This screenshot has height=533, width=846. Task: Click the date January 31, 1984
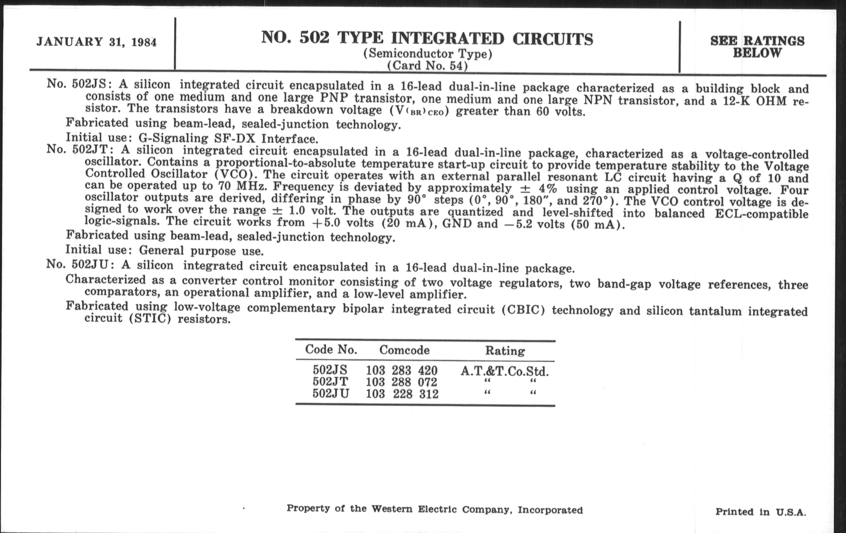pyautogui.click(x=97, y=42)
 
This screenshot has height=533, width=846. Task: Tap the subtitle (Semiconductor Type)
pyautogui.click(x=427, y=54)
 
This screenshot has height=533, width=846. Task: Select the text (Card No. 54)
pyautogui.click(x=427, y=66)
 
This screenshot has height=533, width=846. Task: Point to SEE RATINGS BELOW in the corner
pyautogui.click(x=757, y=47)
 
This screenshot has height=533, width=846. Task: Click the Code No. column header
pyautogui.click(x=331, y=349)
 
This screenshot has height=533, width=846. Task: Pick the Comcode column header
pyautogui.click(x=404, y=350)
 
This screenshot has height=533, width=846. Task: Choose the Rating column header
pyautogui.click(x=505, y=351)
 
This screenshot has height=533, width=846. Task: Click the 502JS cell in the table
pyautogui.click(x=330, y=370)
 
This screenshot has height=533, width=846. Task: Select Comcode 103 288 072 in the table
pyautogui.click(x=401, y=382)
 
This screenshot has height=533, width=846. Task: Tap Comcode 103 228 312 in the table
pyautogui.click(x=402, y=394)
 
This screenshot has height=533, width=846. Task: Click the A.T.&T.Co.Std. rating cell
pyautogui.click(x=504, y=371)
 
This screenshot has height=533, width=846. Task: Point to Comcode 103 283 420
pyautogui.click(x=401, y=370)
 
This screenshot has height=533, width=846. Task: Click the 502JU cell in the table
pyautogui.click(x=331, y=393)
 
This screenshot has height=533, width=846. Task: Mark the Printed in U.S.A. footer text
pyautogui.click(x=761, y=512)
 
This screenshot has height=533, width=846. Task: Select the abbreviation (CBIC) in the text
pyautogui.click(x=523, y=310)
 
